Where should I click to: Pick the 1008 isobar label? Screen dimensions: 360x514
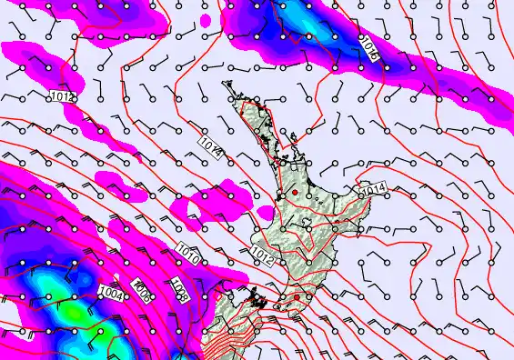point(180,290)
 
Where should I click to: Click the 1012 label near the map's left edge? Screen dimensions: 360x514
point(64,95)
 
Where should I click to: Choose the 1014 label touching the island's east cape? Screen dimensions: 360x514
point(374,188)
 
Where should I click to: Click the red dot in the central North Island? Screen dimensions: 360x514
point(295,193)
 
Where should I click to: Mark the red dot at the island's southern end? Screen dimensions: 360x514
point(296,296)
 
